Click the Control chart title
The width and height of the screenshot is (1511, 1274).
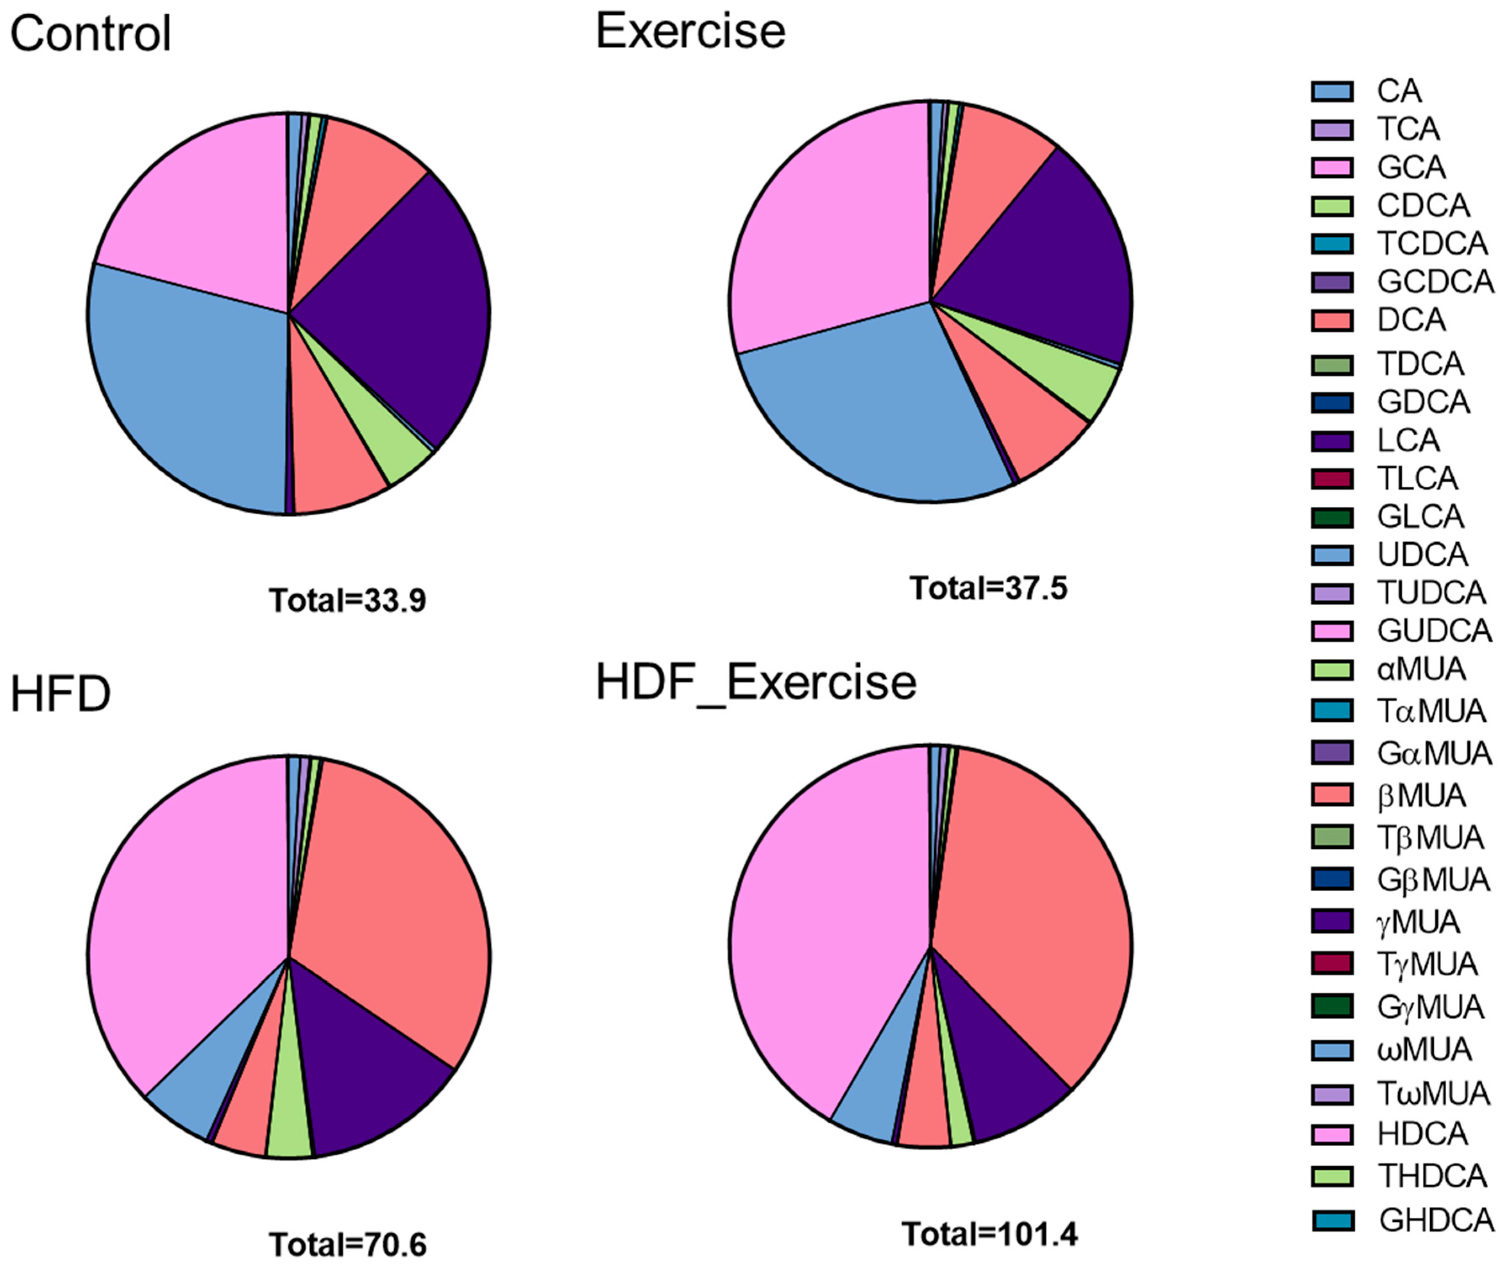pyautogui.click(x=90, y=34)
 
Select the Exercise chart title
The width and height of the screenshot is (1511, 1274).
pyautogui.click(x=690, y=32)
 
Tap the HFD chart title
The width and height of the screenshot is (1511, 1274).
pyautogui.click(x=61, y=694)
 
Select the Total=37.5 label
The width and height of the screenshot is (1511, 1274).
pyautogui.click(x=988, y=588)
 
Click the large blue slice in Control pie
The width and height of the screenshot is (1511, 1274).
pyautogui.click(x=188, y=390)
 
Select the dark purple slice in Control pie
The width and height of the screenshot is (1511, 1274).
pyautogui.click(x=404, y=310)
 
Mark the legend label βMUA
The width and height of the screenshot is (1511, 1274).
pyautogui.click(x=1421, y=796)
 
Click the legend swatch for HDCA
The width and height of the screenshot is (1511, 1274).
pyautogui.click(x=1332, y=1134)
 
